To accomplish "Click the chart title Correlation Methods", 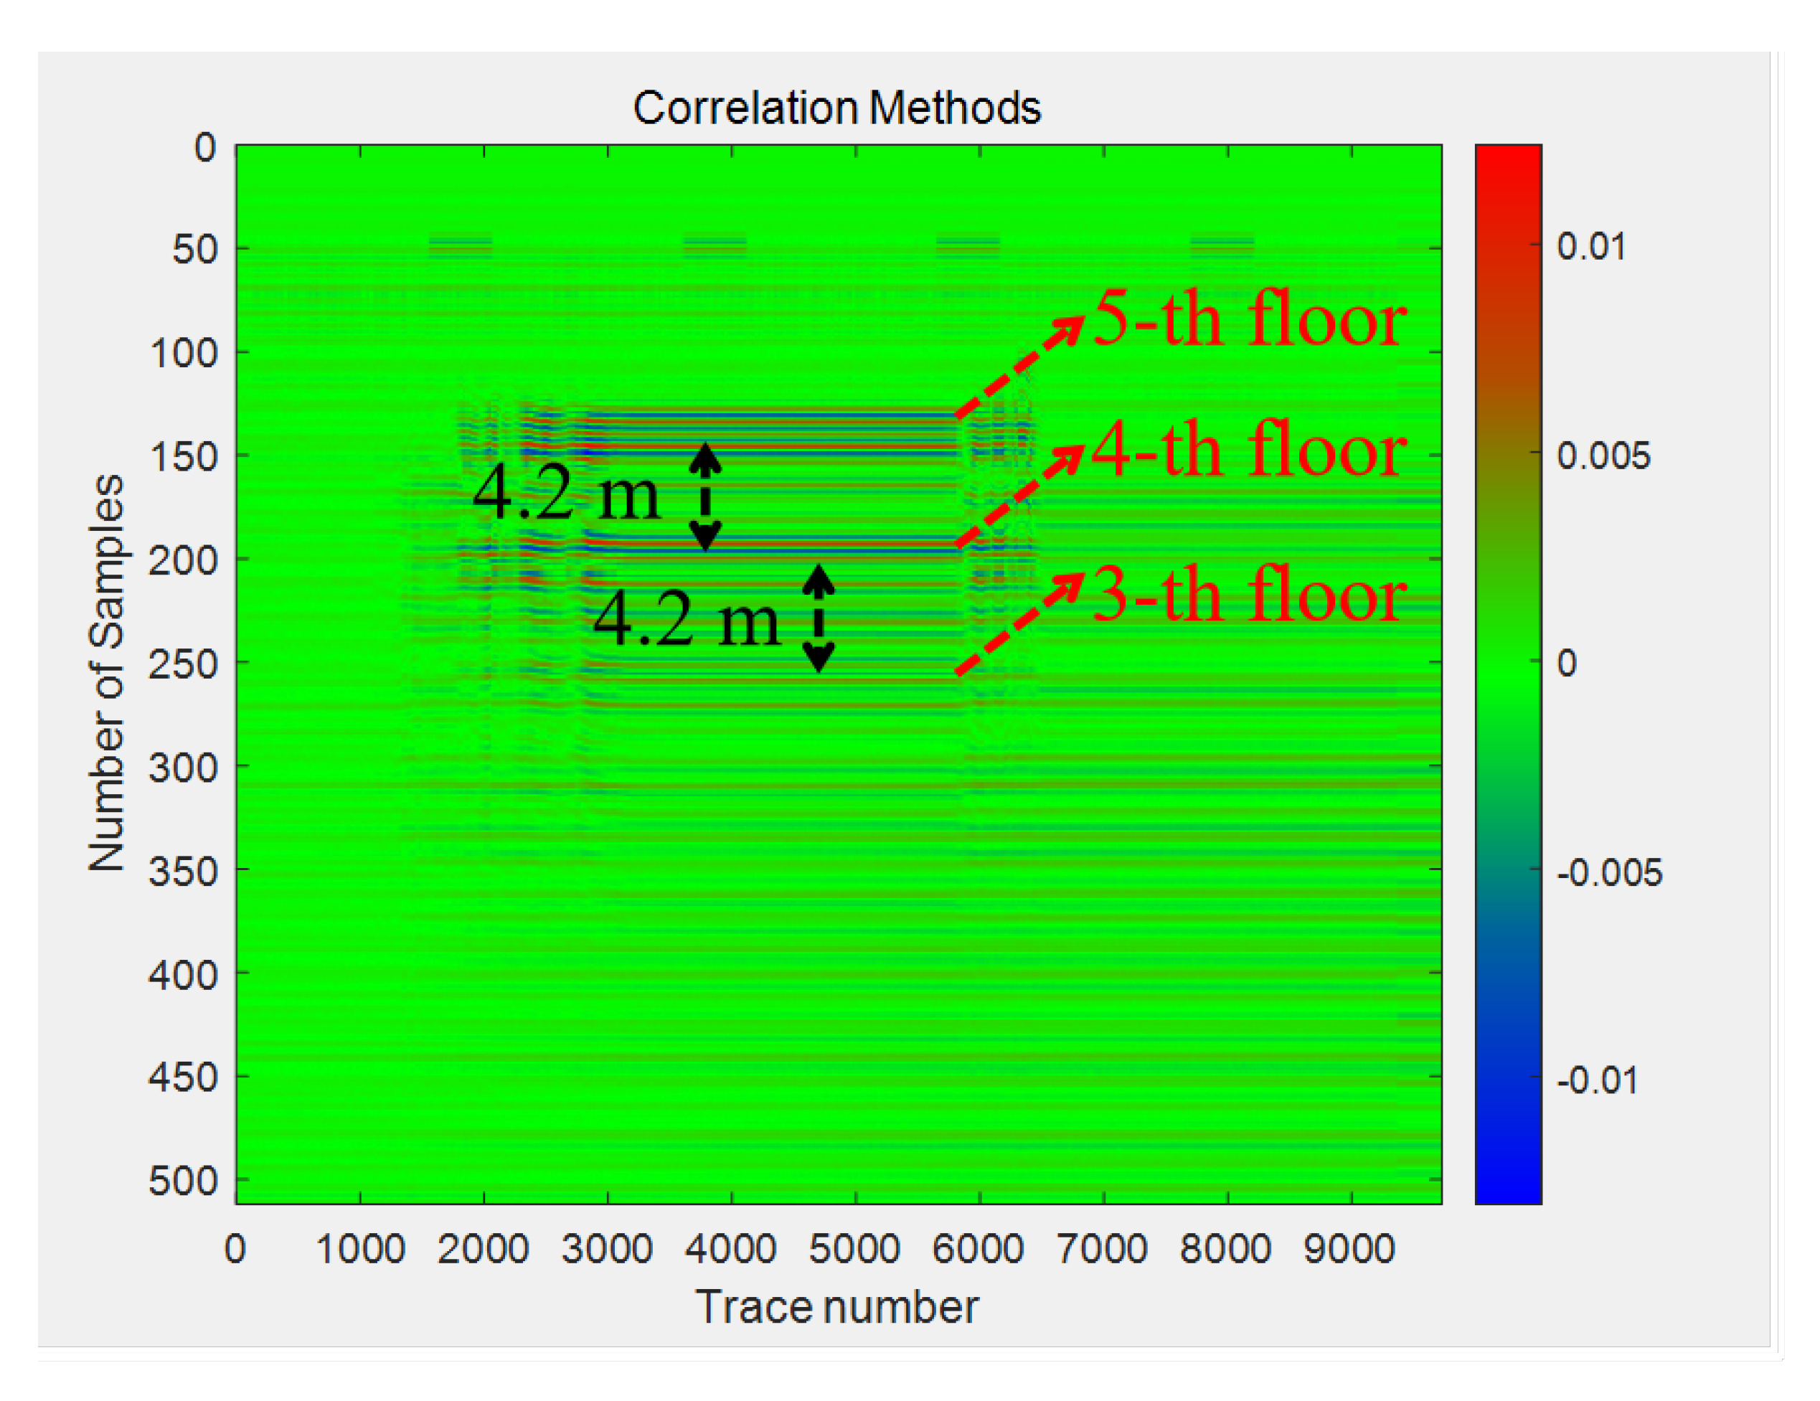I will pos(836,108).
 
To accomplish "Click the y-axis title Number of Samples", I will pos(107,673).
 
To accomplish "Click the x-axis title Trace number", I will pos(836,1306).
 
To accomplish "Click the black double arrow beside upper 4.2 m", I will pos(705,496).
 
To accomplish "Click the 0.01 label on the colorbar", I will pos(1591,247).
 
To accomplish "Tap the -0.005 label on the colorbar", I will pos(1609,872).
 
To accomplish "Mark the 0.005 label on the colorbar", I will pos(1603,456).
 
